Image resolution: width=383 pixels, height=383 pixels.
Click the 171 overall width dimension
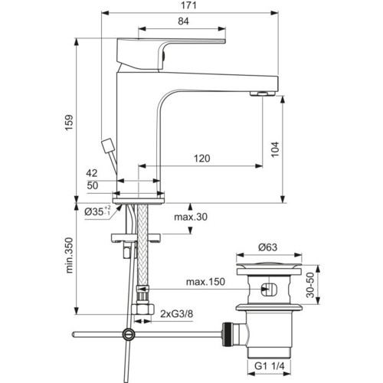pyautogui.click(x=188, y=5)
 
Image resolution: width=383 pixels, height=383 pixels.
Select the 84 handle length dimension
pyautogui.click(x=183, y=21)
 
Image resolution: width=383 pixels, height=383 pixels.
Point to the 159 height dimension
pyautogui.click(x=69, y=123)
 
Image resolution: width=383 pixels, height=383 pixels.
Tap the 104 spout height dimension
pyautogui.click(x=275, y=149)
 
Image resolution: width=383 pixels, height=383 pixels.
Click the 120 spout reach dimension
pyautogui.click(x=202, y=159)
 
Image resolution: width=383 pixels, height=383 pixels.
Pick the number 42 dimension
pyautogui.click(x=92, y=173)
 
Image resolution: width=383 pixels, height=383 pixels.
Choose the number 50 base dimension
pyautogui.click(x=93, y=185)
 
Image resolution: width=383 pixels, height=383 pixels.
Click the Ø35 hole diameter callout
pyautogui.click(x=97, y=211)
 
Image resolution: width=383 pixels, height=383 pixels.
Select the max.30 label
pyautogui.click(x=191, y=217)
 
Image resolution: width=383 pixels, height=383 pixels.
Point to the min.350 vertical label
pyautogui.click(x=69, y=255)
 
